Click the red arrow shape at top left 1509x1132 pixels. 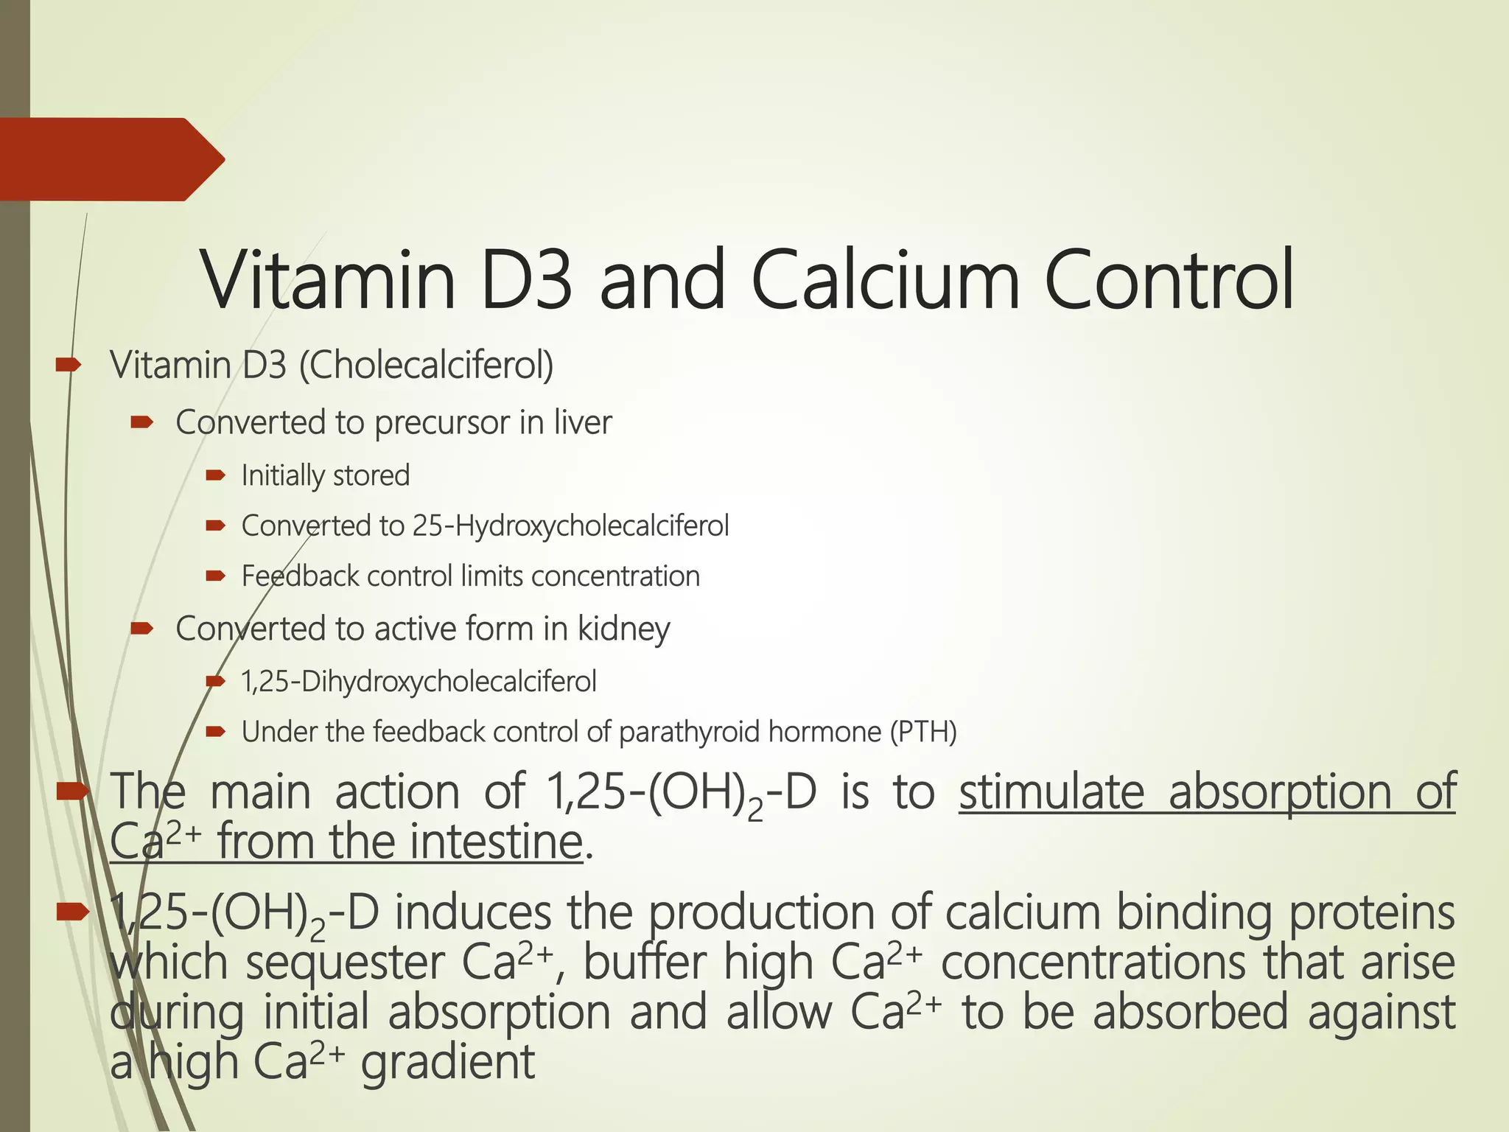[x=111, y=159]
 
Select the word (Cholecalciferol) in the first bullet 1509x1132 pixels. [x=426, y=366]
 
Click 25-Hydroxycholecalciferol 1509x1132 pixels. [x=570, y=526]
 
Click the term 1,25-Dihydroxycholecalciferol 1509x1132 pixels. [x=419, y=682]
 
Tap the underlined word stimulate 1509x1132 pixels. [x=1051, y=792]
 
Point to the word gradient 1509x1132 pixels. [x=447, y=1063]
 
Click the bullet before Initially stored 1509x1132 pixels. [x=215, y=475]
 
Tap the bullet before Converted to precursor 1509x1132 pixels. [x=141, y=422]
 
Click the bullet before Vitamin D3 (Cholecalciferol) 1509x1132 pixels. [x=68, y=363]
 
